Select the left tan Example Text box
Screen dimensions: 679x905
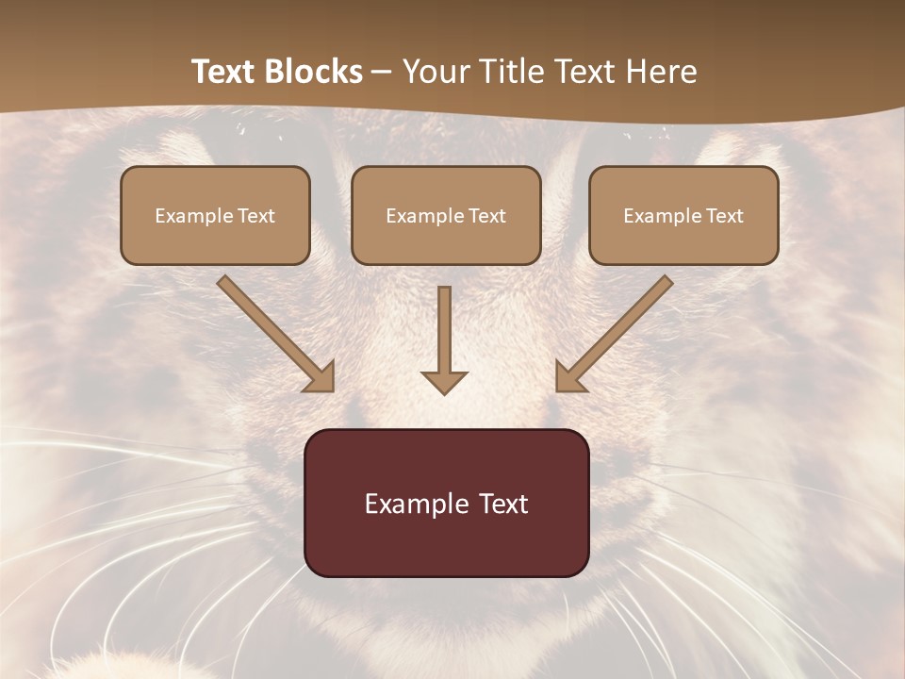215,215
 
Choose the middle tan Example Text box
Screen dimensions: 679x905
446,215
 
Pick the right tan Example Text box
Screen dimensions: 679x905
683,215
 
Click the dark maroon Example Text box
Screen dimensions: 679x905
446,503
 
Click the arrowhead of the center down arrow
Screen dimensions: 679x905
444,380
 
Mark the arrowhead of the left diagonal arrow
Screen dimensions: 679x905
321,377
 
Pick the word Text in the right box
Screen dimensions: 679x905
724,215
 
